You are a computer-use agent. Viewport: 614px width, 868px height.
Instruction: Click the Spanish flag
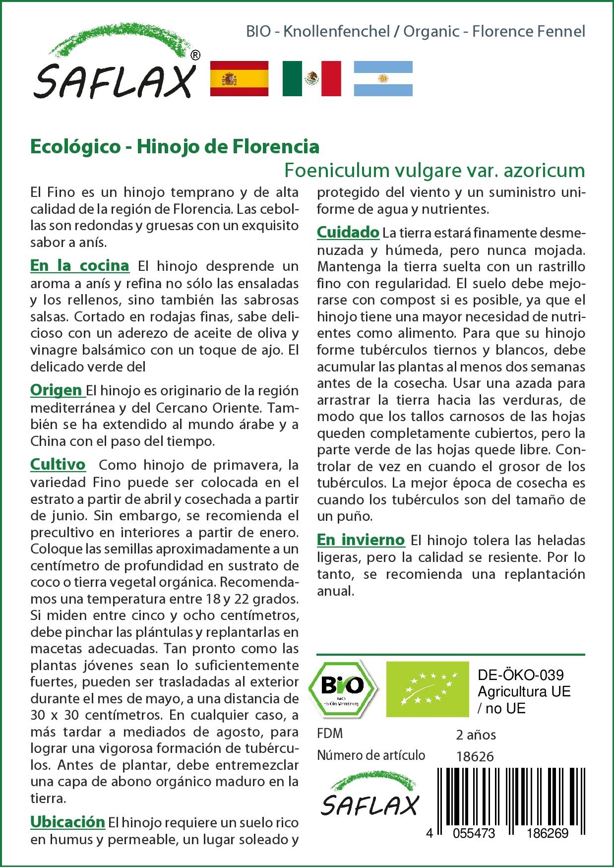pyautogui.click(x=240, y=78)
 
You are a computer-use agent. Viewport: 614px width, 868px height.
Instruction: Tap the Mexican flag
pyautogui.click(x=312, y=78)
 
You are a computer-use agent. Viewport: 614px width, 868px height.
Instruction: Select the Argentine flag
pyautogui.click(x=383, y=78)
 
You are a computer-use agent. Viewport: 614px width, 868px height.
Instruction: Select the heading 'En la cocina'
pyautogui.click(x=80, y=266)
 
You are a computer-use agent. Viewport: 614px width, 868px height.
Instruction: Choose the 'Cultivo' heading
pyautogui.click(x=58, y=465)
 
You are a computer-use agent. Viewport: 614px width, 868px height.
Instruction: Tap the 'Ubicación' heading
pyautogui.click(x=67, y=822)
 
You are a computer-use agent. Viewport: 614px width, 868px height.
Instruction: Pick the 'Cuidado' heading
pyautogui.click(x=348, y=232)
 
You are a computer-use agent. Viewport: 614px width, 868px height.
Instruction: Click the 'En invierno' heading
pyautogui.click(x=361, y=540)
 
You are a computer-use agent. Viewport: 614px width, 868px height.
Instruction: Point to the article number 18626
pyautogui.click(x=475, y=756)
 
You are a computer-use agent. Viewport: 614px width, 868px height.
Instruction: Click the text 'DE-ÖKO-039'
pyautogui.click(x=521, y=675)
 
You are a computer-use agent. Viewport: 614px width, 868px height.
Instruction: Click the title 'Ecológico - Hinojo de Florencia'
pyautogui.click(x=175, y=147)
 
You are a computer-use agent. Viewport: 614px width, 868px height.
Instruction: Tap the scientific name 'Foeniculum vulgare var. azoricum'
pyautogui.click(x=434, y=171)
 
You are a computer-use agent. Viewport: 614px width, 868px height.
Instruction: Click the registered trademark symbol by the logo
pyautogui.click(x=195, y=56)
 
